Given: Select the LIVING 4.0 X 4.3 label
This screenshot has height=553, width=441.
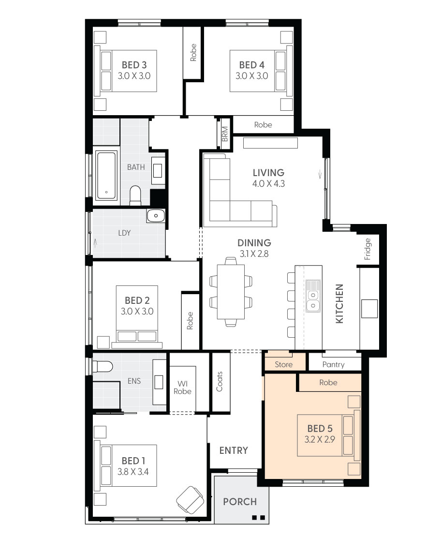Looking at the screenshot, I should tap(268, 173).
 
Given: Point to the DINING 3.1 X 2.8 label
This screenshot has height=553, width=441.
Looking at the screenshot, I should tap(254, 243).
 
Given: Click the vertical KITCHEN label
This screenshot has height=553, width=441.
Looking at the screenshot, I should tap(339, 304).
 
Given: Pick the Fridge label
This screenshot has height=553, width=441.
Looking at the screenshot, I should tap(367, 249).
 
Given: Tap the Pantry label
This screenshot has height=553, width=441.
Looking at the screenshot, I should tap(333, 364).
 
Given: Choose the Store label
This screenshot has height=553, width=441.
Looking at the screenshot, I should tap(283, 364).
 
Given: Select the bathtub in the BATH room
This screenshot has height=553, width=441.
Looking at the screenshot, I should tap(106, 176).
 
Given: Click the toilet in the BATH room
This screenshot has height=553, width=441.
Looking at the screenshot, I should tap(135, 195).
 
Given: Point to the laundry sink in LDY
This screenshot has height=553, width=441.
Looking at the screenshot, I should tap(156, 216).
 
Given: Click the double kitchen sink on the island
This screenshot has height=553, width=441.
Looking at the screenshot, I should tap(312, 295).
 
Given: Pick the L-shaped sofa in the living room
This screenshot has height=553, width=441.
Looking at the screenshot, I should tap(232, 194).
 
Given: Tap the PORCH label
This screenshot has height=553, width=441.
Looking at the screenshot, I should tap(240, 501).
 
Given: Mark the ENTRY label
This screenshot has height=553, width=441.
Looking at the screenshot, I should tap(234, 450).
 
